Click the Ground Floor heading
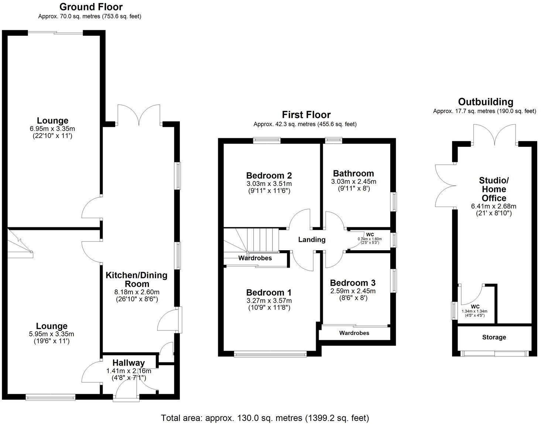click(91, 7)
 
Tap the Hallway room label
click(129, 363)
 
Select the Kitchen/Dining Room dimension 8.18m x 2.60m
click(137, 292)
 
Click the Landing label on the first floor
click(312, 240)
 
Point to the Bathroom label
click(353, 173)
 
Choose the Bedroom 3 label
click(353, 283)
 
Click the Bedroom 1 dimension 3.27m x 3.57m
click(269, 301)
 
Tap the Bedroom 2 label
click(269, 176)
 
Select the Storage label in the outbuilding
click(494, 337)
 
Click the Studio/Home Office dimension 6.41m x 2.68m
click(493, 206)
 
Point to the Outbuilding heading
click(486, 102)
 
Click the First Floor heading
click(306, 115)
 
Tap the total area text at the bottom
click(265, 418)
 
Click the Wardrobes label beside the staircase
click(255, 258)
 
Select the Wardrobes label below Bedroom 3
click(354, 333)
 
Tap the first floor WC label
click(370, 234)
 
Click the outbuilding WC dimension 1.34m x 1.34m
click(475, 311)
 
